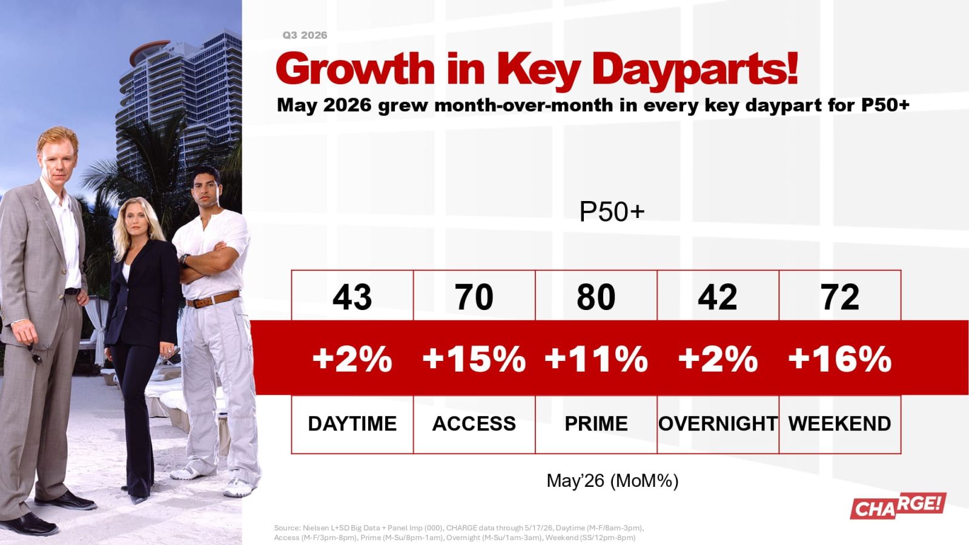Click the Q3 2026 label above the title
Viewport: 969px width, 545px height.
point(305,36)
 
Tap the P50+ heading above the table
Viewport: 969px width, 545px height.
point(612,212)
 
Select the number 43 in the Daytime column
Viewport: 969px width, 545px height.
point(352,297)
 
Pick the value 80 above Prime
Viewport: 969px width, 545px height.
point(596,297)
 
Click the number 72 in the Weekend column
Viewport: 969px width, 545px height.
point(839,297)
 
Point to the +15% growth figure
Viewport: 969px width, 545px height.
point(474,359)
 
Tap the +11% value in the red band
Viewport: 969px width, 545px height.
point(596,359)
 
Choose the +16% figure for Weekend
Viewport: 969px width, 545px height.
point(839,359)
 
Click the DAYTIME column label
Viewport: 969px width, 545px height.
point(352,423)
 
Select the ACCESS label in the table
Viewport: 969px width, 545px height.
point(474,423)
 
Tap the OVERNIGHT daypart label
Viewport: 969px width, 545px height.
point(718,423)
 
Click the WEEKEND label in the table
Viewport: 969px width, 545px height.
point(839,423)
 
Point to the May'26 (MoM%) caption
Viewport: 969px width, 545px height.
point(612,481)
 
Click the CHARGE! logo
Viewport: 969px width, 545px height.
point(898,506)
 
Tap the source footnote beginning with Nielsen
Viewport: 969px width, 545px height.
point(459,532)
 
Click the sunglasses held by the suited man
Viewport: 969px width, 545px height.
point(36,354)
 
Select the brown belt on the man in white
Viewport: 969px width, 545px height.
point(213,299)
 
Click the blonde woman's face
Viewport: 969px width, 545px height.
point(137,222)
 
